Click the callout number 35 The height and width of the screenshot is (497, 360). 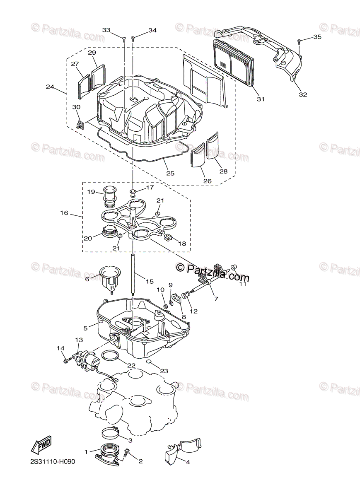coord(317,37)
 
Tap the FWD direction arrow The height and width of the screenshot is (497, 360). coord(41,446)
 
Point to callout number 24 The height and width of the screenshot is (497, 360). coord(50,87)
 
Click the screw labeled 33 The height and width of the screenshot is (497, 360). coord(124,39)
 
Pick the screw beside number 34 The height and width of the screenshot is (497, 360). coord(133,39)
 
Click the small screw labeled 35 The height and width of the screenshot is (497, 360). coord(299,41)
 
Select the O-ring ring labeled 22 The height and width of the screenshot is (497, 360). coord(109,355)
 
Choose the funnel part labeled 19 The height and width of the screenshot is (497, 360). coord(110,198)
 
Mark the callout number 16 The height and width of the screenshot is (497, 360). coord(64,213)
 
